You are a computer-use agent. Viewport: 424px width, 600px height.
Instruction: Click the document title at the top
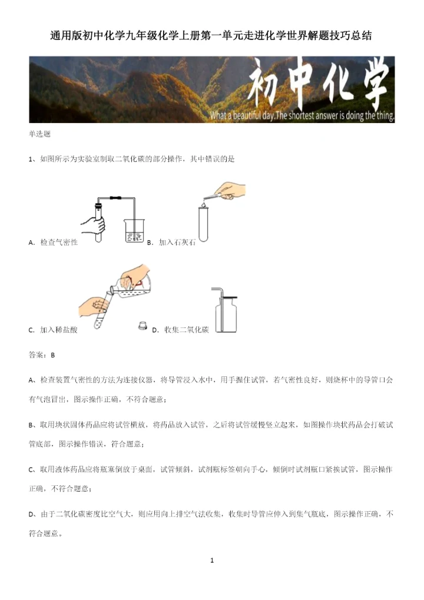point(211,35)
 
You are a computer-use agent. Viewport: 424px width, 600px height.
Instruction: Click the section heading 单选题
point(39,134)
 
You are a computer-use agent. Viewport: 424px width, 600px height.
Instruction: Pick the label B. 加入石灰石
point(171,242)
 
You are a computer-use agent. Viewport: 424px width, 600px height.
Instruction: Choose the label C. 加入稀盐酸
point(53,330)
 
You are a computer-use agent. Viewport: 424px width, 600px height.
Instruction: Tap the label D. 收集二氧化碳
point(180,330)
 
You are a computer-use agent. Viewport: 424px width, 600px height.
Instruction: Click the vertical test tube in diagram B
point(203,224)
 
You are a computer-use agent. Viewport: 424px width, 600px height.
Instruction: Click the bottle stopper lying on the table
point(142,326)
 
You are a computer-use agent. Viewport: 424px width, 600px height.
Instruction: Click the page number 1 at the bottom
point(212,560)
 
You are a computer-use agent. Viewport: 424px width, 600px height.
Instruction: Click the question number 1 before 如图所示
point(30,159)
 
